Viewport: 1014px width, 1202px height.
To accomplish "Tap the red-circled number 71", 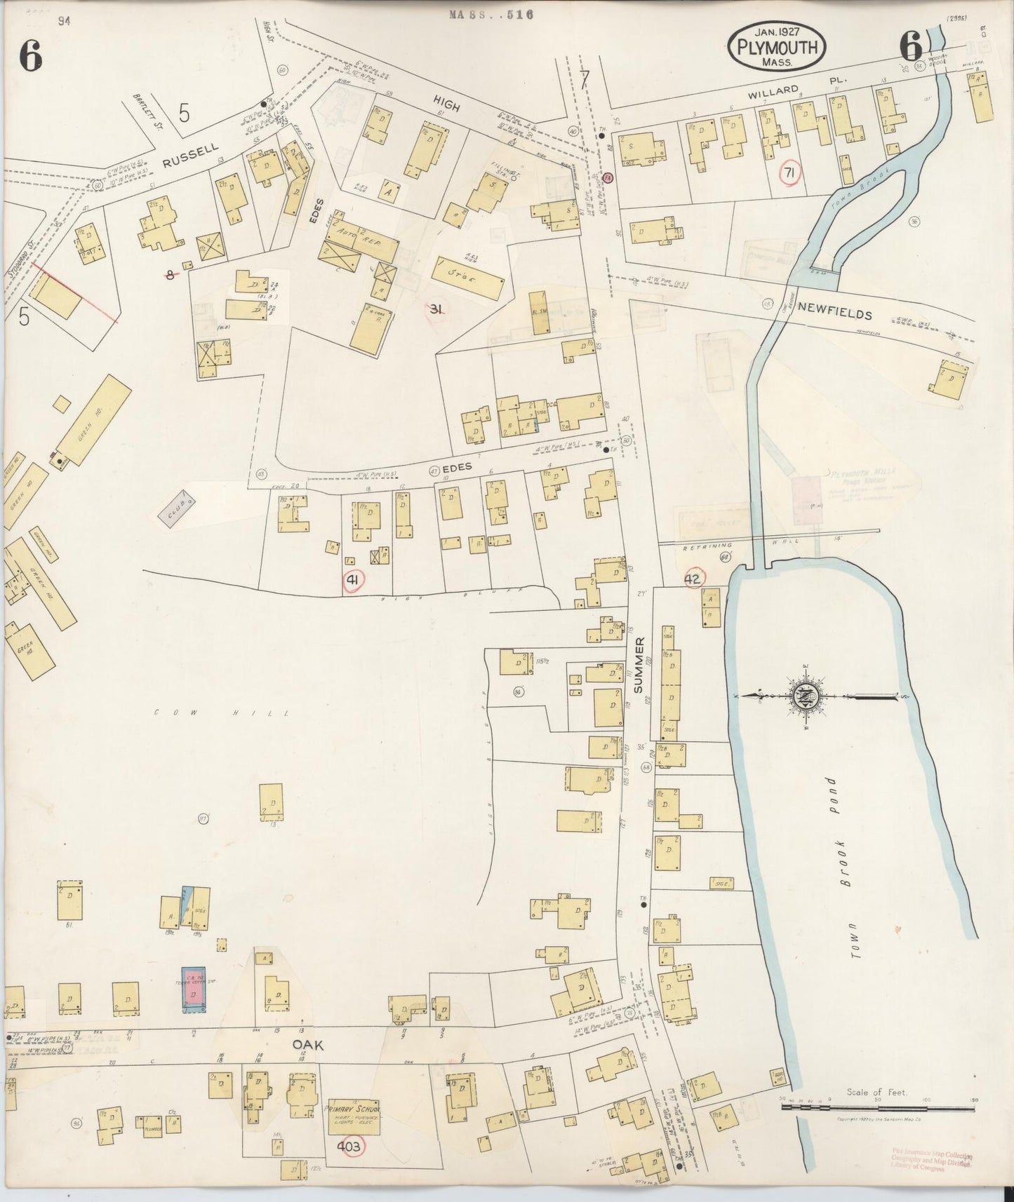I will [789, 171].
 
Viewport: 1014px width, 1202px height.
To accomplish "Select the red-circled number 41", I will [352, 580].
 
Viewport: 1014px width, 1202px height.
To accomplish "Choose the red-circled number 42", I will [693, 578].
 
